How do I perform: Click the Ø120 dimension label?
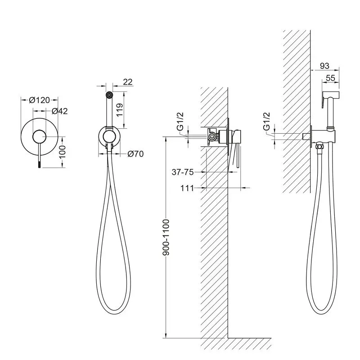[x=39, y=100]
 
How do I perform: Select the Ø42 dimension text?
[x=60, y=111]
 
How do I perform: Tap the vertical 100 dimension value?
[x=62, y=152]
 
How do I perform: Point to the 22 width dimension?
[x=128, y=82]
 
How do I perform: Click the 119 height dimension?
[x=120, y=110]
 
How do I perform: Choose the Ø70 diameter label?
[x=135, y=153]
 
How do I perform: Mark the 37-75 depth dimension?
[x=183, y=172]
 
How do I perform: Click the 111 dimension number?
[x=187, y=188]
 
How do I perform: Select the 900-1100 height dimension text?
[x=166, y=238]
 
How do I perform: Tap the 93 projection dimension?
[x=324, y=66]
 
